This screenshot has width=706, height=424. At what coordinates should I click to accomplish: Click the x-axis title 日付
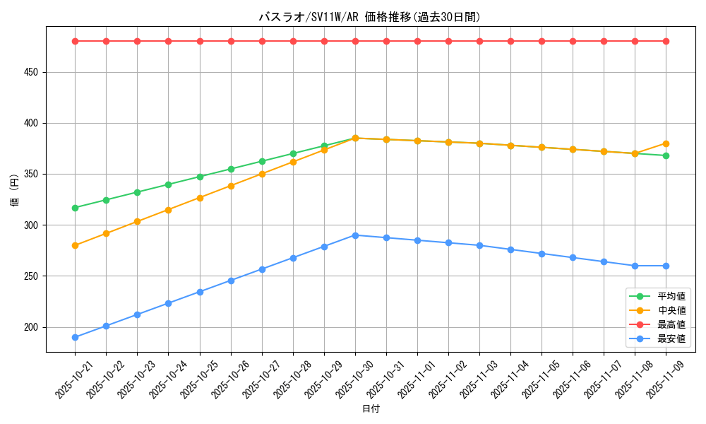pos(371,409)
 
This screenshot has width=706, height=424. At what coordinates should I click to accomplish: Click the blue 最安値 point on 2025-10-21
pos(75,337)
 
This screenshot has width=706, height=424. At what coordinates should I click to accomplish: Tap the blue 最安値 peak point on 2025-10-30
pos(355,235)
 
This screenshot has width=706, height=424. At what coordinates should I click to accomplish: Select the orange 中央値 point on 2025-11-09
pos(666,143)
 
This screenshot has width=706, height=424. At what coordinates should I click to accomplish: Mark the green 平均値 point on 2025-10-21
pos(75,208)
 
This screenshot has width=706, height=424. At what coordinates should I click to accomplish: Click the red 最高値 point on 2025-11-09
pos(666,41)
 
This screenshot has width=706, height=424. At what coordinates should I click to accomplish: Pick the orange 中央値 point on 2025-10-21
pos(75,245)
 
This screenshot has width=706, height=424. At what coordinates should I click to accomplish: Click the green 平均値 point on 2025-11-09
pos(666,155)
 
